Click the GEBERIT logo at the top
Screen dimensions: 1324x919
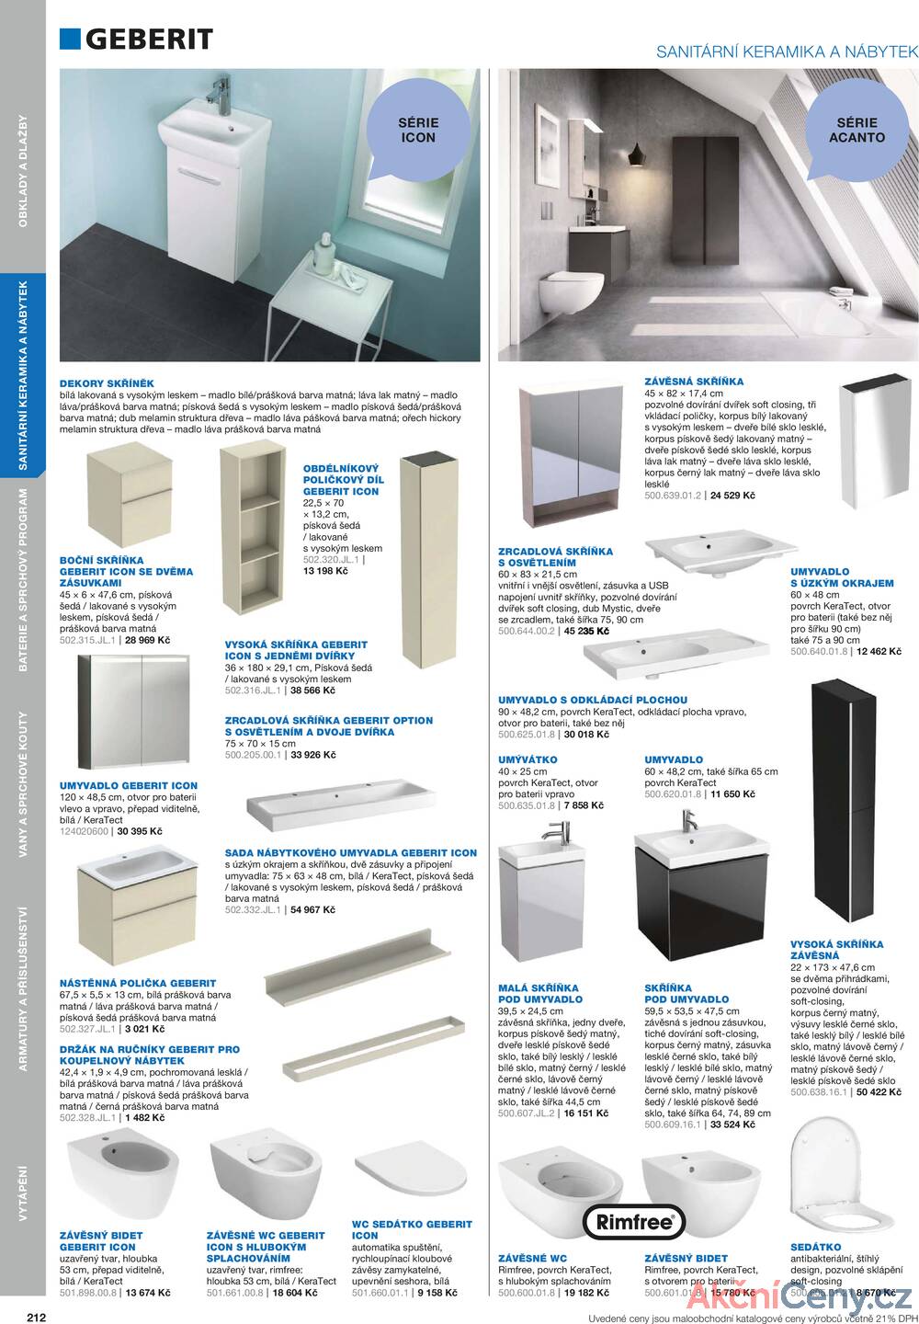click(x=137, y=38)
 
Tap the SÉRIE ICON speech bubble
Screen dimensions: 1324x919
click(x=417, y=130)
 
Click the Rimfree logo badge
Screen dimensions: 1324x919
click(x=634, y=1222)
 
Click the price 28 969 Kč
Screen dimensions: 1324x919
click(x=147, y=640)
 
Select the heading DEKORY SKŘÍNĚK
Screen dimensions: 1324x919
click(x=107, y=383)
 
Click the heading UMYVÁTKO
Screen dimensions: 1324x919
click(x=528, y=759)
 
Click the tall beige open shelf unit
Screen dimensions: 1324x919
click(x=250, y=536)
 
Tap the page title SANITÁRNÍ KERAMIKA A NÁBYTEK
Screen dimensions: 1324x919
click(x=787, y=53)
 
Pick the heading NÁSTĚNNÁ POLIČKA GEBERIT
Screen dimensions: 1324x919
click(x=138, y=983)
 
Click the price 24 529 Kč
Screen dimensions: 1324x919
click(x=732, y=496)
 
